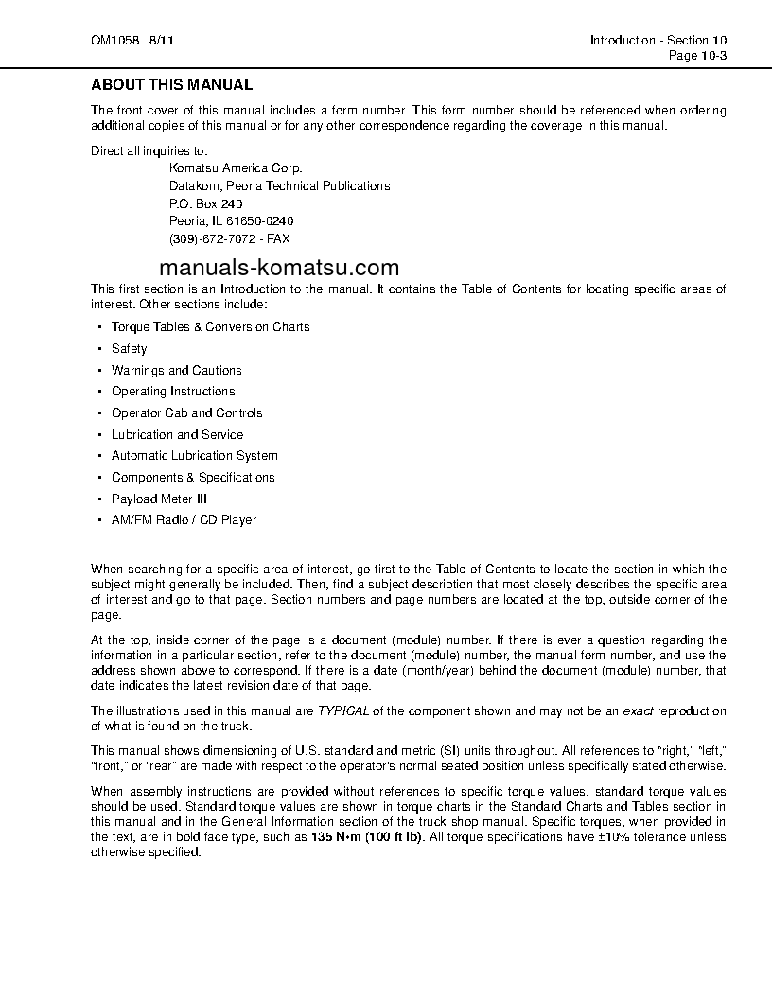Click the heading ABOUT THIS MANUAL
[x=171, y=85]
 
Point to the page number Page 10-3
[x=697, y=55]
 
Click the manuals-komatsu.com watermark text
[x=280, y=268]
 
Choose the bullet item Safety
[x=130, y=349]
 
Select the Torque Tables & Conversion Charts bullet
[x=210, y=327]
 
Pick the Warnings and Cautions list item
[x=176, y=371]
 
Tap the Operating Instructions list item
[x=173, y=392]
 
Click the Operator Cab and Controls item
[x=186, y=413]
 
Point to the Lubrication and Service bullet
[x=177, y=435]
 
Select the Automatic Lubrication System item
[x=194, y=456]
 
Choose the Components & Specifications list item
[x=193, y=478]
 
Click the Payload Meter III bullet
[x=159, y=499]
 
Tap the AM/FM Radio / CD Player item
[x=184, y=520]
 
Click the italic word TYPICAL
[x=343, y=711]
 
